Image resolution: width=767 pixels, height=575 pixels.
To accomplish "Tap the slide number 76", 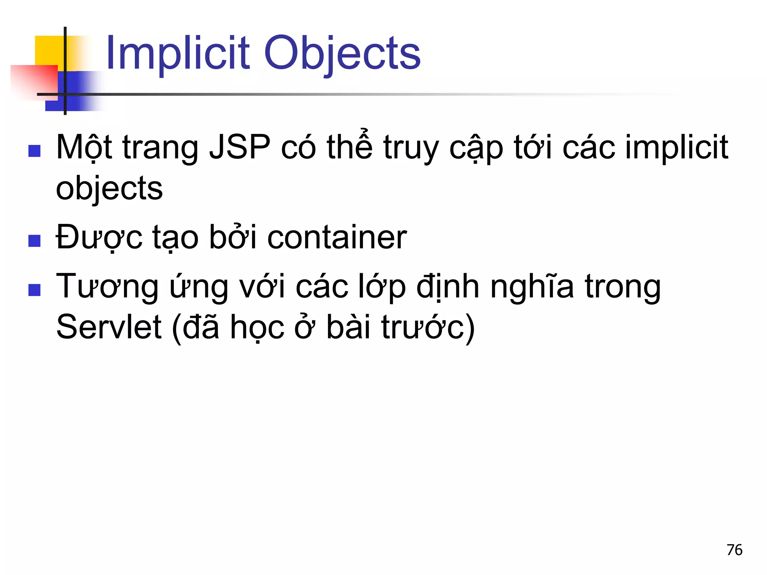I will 734,550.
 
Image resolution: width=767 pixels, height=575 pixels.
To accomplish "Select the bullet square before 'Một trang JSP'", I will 34,151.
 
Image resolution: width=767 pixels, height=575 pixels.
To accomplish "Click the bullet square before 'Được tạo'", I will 34,241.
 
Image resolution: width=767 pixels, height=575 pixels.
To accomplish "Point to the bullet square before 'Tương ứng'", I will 34,290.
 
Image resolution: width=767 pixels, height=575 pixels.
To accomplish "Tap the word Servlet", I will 109,327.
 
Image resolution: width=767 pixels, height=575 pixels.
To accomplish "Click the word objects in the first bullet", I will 109,188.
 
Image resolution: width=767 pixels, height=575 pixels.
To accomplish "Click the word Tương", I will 107,286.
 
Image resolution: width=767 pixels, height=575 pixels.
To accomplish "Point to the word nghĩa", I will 532,286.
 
